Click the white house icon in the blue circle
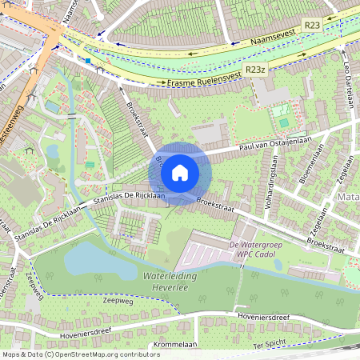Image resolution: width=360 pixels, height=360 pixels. (180, 172)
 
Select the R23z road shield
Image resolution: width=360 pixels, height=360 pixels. (255, 70)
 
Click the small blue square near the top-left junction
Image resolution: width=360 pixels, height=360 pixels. (87, 59)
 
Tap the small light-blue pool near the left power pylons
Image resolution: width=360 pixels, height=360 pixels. (53, 106)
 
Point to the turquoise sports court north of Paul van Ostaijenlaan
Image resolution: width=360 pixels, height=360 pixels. (283, 122)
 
